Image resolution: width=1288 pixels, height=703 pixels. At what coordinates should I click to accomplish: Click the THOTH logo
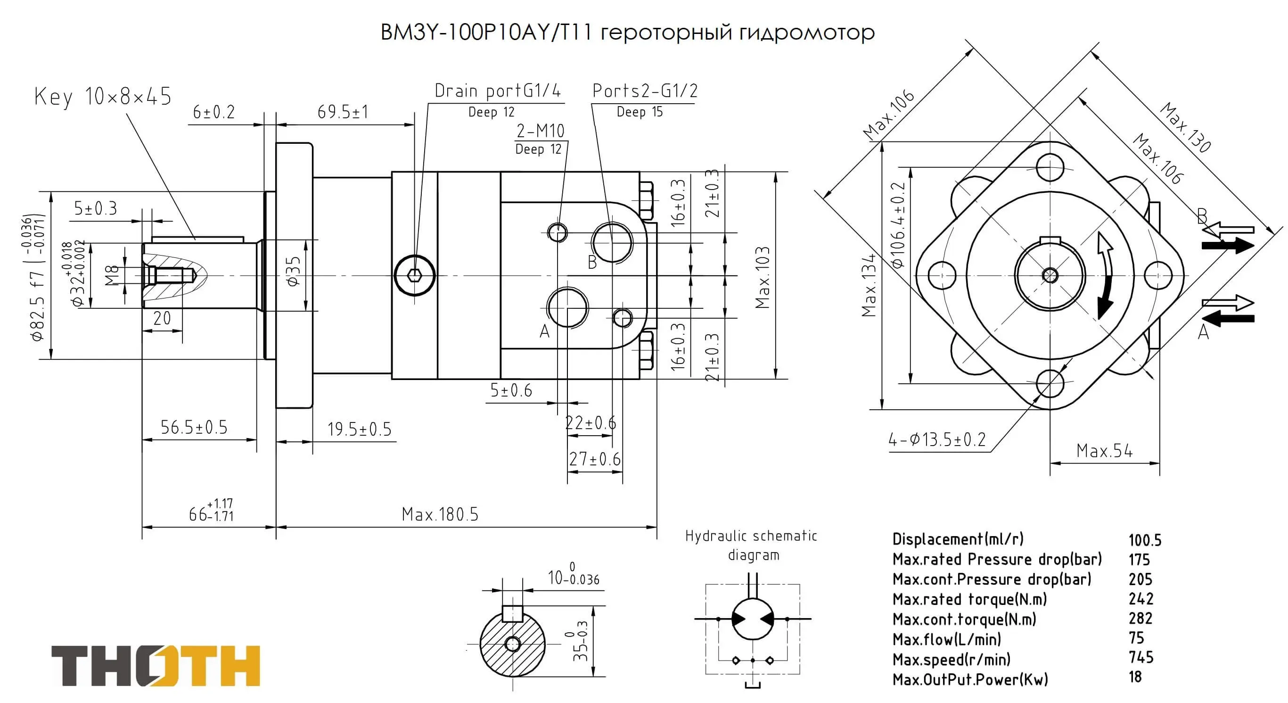(x=156, y=665)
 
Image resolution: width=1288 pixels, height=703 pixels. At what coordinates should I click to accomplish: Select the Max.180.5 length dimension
(x=440, y=514)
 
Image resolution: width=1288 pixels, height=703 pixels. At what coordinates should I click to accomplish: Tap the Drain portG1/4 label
(x=498, y=91)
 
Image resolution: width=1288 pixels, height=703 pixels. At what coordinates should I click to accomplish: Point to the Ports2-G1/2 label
(x=645, y=91)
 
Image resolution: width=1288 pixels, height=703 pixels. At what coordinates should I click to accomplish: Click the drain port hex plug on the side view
(x=415, y=275)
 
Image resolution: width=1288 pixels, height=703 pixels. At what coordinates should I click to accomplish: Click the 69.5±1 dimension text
(x=343, y=112)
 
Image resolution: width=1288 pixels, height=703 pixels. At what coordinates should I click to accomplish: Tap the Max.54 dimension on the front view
(x=1104, y=451)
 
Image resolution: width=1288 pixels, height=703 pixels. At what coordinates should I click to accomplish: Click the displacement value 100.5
(x=1145, y=540)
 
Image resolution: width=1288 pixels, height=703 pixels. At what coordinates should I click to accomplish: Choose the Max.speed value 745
(x=1140, y=657)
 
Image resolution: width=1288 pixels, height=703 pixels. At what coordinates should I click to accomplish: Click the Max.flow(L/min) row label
(x=946, y=639)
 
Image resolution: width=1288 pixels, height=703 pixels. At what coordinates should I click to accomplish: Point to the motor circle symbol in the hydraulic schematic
(x=753, y=619)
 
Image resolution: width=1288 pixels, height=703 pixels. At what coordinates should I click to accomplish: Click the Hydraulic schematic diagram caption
(x=751, y=546)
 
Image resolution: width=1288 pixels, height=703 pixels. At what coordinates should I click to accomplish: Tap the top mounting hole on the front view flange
(x=1050, y=167)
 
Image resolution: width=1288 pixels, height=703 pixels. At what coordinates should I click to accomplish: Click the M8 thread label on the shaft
(x=113, y=275)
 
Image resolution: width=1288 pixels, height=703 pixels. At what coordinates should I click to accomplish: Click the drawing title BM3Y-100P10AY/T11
(x=486, y=33)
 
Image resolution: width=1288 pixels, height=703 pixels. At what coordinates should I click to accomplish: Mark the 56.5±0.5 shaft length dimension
(x=194, y=427)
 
